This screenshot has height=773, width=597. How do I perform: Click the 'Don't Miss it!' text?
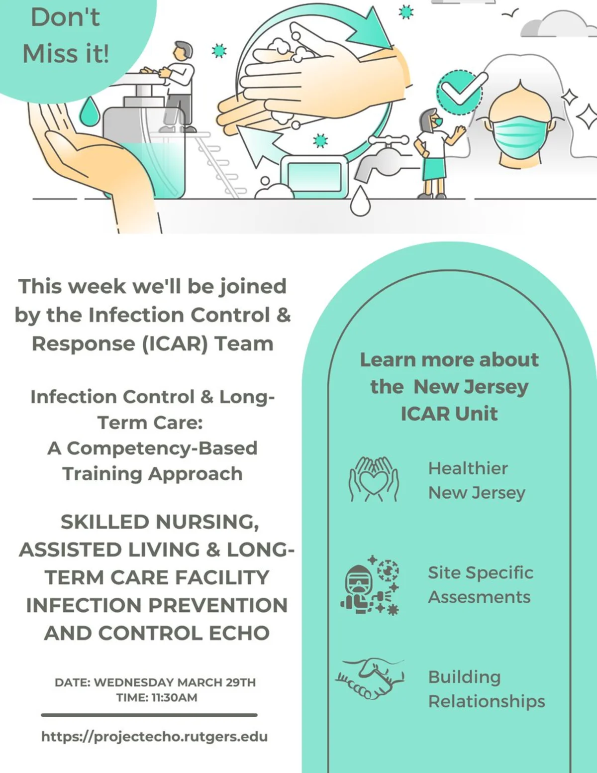(x=66, y=35)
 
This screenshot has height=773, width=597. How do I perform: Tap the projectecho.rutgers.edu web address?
(x=154, y=736)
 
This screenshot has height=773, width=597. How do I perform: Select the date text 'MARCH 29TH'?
(x=216, y=682)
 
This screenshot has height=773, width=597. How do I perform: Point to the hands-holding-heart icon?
(x=374, y=479)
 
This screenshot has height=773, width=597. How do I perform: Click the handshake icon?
(x=370, y=679)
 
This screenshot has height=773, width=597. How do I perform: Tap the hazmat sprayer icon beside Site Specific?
(x=370, y=585)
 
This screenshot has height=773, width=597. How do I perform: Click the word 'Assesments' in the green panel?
(x=479, y=597)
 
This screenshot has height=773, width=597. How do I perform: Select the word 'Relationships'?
(x=487, y=702)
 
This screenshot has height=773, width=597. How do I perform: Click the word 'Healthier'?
(x=468, y=468)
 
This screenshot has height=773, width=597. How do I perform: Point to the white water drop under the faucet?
(x=360, y=201)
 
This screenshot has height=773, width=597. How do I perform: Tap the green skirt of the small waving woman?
(x=434, y=169)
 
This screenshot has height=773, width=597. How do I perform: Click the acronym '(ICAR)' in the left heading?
(x=175, y=343)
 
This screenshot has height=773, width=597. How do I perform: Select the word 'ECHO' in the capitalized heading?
(x=239, y=633)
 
